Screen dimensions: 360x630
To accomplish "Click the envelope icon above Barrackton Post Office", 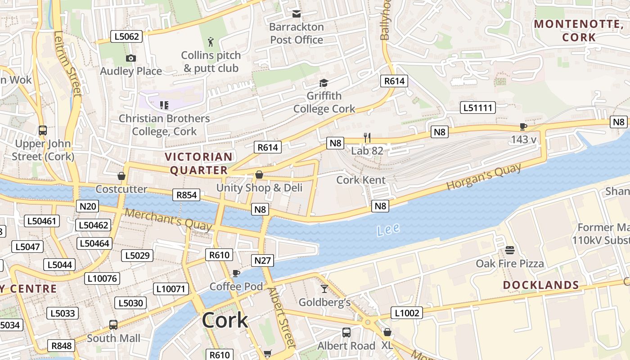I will tap(296, 14).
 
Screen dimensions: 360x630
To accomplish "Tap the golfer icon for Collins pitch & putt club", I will tap(211, 42).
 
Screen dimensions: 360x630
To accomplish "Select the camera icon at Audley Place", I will tap(131, 58).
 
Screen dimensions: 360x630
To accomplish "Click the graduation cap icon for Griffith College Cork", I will tap(324, 83).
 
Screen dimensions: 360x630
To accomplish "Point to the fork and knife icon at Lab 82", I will tap(368, 137).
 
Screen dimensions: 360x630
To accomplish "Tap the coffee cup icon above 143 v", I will tap(523, 126).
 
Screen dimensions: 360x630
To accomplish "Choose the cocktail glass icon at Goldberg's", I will tap(324, 289).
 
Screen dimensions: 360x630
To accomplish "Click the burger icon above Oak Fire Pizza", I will tap(509, 250).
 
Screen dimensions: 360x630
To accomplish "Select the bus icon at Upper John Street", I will tap(43, 130).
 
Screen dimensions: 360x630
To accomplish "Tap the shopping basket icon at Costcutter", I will tap(121, 176).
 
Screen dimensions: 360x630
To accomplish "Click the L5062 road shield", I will tap(126, 36).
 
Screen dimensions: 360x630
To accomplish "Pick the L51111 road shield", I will tap(477, 108).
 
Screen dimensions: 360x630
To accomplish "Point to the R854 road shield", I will tap(186, 195).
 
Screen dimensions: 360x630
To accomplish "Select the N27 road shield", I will tap(262, 261).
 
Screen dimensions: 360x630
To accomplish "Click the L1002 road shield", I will tap(406, 313).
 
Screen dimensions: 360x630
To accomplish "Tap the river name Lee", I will tap(388, 230).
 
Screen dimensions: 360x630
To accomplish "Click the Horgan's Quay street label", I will tap(484, 177).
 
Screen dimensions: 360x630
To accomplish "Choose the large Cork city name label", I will tap(225, 320).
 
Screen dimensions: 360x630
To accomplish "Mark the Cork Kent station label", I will tap(361, 180).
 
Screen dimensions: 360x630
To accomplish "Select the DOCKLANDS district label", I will tap(540, 285).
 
